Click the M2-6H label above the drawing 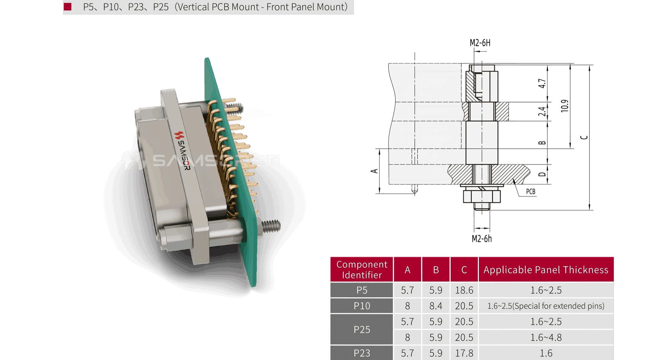[x=480, y=43]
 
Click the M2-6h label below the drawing [x=482, y=239]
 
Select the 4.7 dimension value [x=542, y=83]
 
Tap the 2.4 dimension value [x=542, y=112]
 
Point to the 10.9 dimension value [x=565, y=106]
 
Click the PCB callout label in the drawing [x=531, y=192]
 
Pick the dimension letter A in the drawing [x=374, y=171]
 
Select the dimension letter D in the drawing [x=542, y=174]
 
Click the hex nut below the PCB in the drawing [x=482, y=196]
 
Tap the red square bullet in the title [x=67, y=7]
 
